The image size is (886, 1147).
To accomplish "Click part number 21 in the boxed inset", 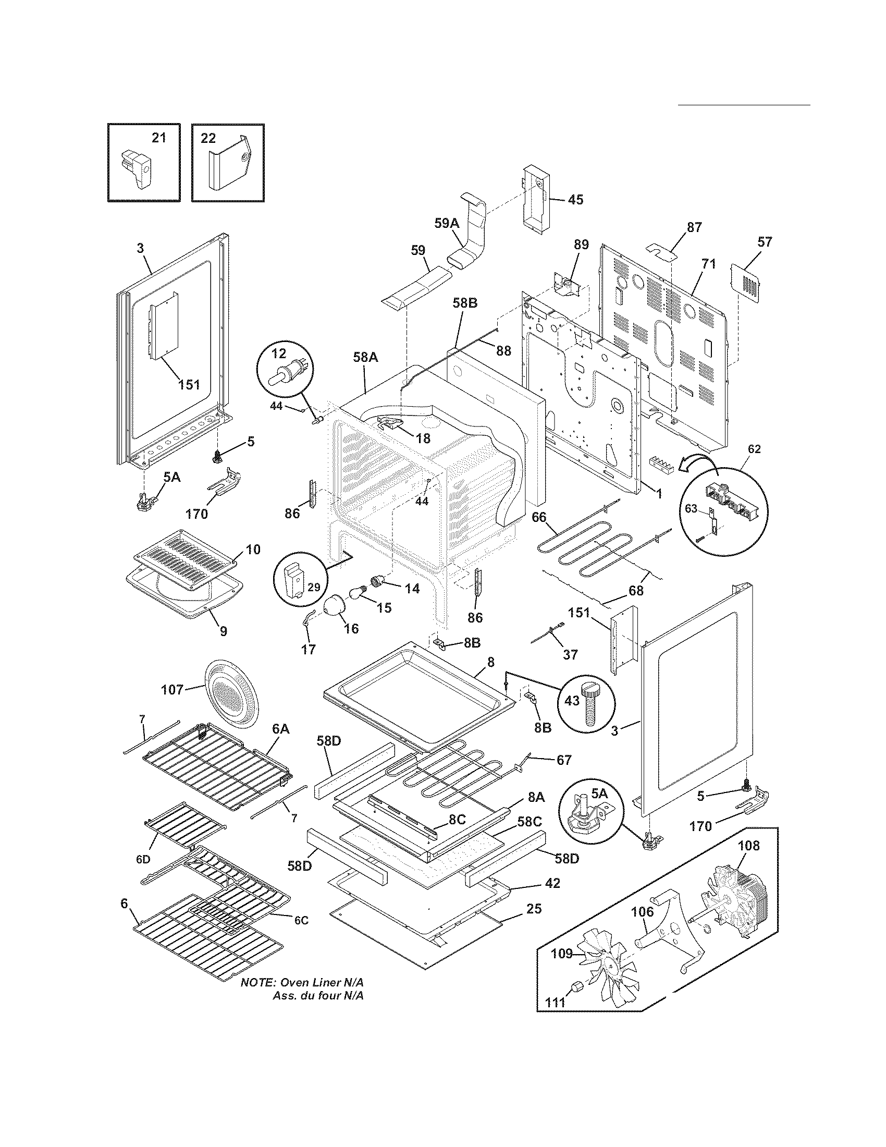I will (158, 138).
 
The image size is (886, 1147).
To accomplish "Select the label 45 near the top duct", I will (575, 200).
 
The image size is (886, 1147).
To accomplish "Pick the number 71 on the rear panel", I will (709, 264).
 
